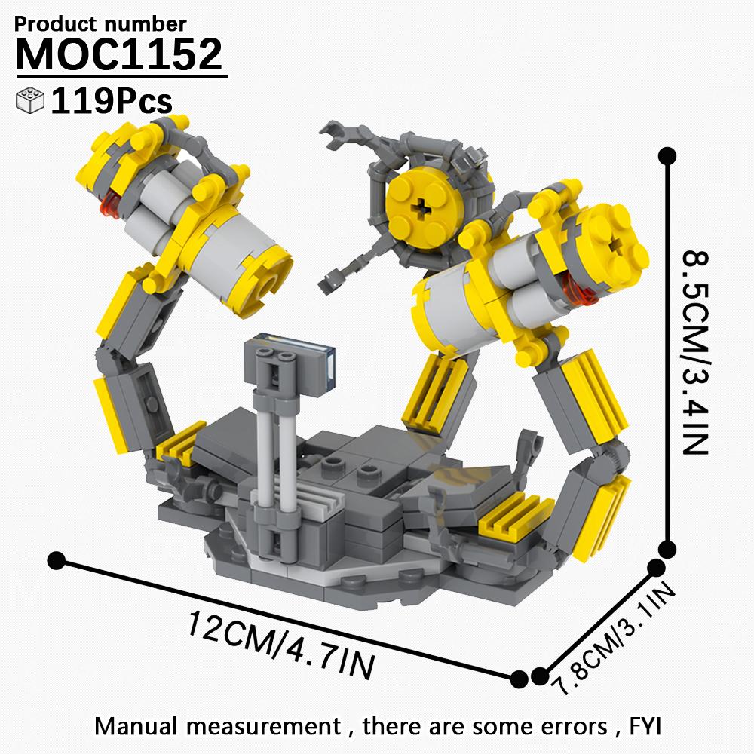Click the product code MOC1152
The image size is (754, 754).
[119, 54]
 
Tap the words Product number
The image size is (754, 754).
[100, 24]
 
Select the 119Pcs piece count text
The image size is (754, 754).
[112, 101]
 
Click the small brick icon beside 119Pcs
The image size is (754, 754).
[30, 101]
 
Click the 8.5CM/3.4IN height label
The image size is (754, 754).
[695, 351]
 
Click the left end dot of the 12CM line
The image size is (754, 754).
[55, 560]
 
